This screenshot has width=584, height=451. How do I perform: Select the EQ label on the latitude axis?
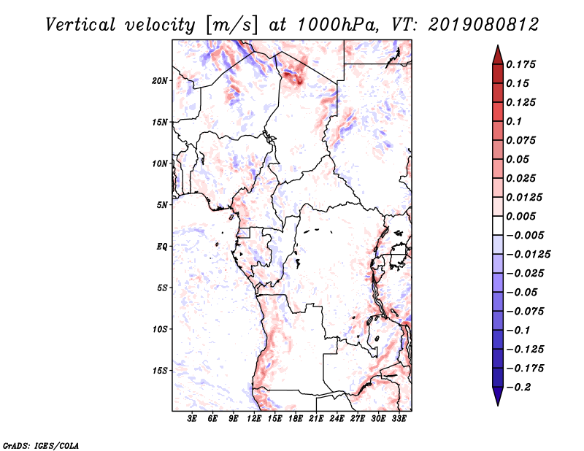[162, 247]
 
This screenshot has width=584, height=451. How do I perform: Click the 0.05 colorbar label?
[521, 159]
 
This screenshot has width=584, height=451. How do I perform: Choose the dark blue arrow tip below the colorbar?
[497, 400]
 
